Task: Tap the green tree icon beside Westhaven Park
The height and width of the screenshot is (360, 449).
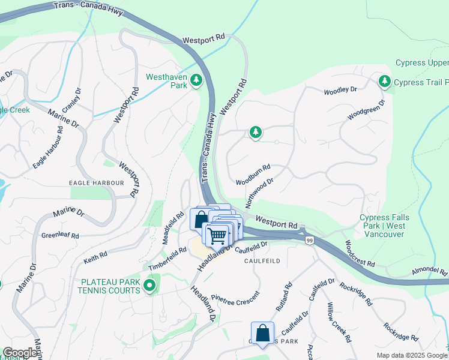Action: pyautogui.click(x=196, y=80)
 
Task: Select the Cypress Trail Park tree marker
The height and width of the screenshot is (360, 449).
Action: pyautogui.click(x=384, y=81)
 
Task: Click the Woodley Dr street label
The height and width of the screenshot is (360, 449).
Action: pyautogui.click(x=340, y=91)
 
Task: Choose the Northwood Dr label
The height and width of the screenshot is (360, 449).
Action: pyautogui.click(x=259, y=190)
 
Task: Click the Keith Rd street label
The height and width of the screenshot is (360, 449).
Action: pyautogui.click(x=95, y=257)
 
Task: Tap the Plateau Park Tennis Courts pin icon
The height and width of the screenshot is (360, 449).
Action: pyautogui.click(x=150, y=285)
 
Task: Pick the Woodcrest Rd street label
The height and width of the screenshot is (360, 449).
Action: pyautogui.click(x=360, y=255)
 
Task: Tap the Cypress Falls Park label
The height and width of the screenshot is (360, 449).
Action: pyautogui.click(x=382, y=222)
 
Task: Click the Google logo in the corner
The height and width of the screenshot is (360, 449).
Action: pyautogui.click(x=20, y=353)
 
